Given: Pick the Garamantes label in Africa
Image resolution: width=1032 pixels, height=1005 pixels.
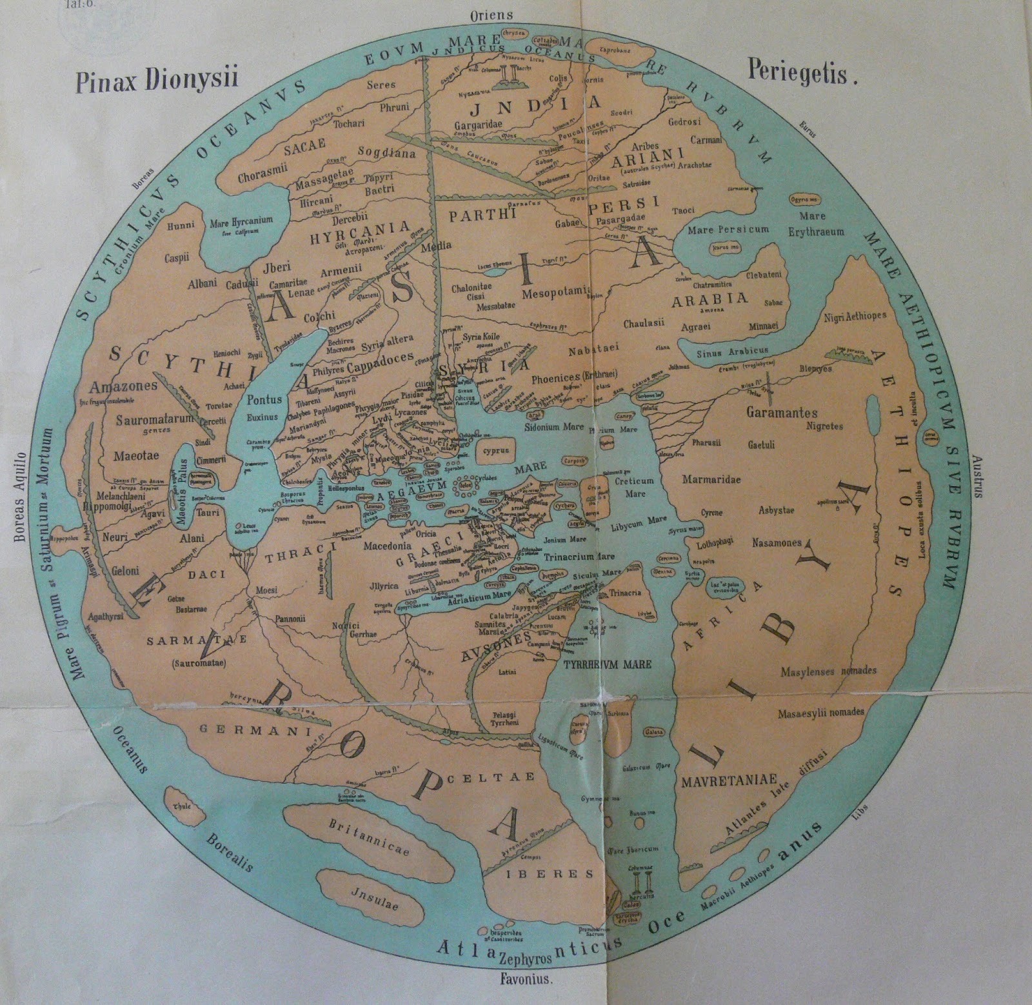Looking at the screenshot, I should pyautogui.click(x=781, y=413).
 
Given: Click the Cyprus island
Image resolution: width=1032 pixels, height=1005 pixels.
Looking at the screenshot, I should pyautogui.click(x=493, y=450).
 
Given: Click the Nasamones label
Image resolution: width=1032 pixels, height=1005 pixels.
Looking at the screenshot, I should pyautogui.click(x=776, y=542).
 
